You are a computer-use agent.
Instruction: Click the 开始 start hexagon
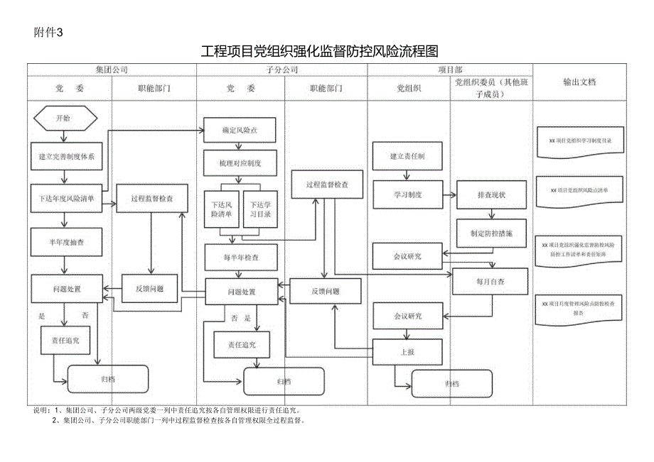click(x=63, y=119)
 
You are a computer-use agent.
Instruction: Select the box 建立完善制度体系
click(x=66, y=155)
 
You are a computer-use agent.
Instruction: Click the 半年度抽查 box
click(x=66, y=241)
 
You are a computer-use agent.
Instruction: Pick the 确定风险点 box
click(x=240, y=131)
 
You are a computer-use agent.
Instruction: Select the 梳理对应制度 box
click(x=240, y=163)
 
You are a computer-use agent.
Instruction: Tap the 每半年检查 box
click(x=240, y=257)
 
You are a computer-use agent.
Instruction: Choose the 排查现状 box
click(x=492, y=194)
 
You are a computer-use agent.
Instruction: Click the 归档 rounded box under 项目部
click(x=452, y=384)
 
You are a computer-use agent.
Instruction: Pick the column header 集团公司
click(x=112, y=69)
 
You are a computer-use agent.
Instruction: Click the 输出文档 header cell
click(x=579, y=82)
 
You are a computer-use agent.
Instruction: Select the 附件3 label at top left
click(x=49, y=31)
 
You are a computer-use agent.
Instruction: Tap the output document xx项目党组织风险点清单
click(x=579, y=191)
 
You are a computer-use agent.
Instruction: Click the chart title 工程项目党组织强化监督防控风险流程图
click(x=319, y=51)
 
